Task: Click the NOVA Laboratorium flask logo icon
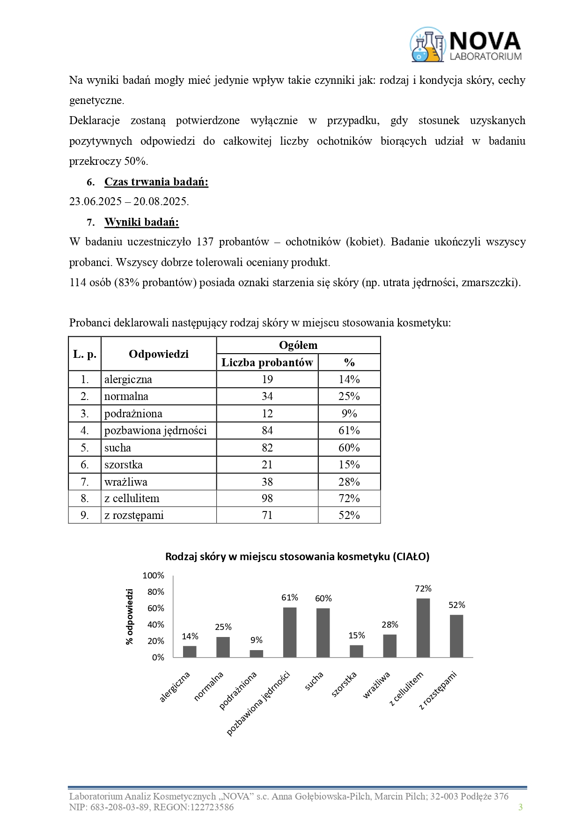[427, 45]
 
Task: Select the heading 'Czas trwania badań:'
[156, 182]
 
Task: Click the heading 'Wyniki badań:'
[141, 222]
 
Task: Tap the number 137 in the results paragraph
[205, 242]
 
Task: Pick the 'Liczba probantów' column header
[267, 363]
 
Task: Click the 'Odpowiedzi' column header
[158, 354]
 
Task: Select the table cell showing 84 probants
[267, 430]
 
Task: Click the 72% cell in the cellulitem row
[349, 498]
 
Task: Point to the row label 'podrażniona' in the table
[133, 414]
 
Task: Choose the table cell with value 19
[267, 379]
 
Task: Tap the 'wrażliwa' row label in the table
[125, 481]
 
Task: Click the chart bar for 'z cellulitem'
[423, 628]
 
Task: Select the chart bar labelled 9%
[256, 653]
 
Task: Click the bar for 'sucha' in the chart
[323, 632]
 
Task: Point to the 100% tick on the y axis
[154, 576]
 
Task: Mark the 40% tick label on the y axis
[155, 625]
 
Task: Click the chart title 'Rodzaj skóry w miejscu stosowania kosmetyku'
[297, 556]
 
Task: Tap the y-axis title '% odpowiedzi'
[130, 616]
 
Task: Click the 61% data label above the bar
[290, 598]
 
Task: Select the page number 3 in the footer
[520, 807]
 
